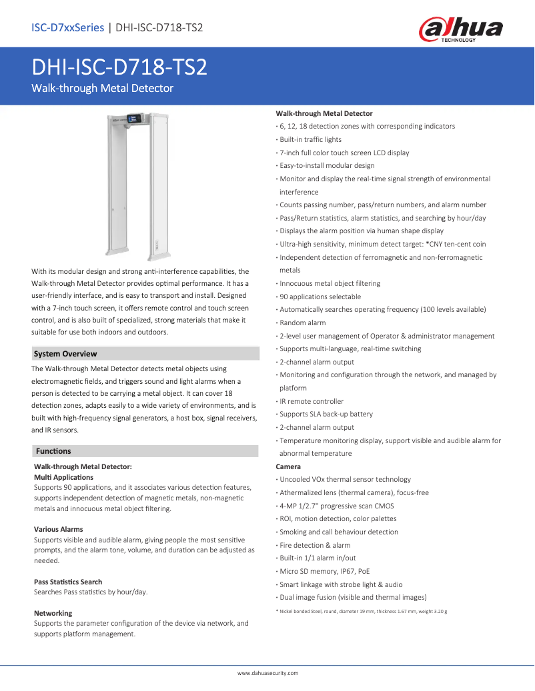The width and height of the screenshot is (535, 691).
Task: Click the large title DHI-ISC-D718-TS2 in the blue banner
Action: pos(119,68)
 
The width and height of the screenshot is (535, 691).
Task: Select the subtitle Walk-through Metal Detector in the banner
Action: pos(103,89)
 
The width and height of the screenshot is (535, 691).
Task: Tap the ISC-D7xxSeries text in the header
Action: pos(67,27)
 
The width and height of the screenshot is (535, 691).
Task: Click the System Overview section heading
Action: pos(65,354)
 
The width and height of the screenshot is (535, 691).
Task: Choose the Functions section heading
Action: pos(53,451)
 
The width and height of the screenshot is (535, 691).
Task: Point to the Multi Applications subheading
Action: pos(63,477)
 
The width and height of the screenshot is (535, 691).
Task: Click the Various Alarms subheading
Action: pos(59,529)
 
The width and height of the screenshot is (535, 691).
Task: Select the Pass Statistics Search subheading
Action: pos(68,582)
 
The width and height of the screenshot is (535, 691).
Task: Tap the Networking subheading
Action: pos(53,613)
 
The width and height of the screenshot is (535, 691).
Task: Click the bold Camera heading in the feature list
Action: pos(288,466)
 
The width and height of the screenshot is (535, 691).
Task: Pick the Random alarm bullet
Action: pos(303,323)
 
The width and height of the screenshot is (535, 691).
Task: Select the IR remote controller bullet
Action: pos(312,401)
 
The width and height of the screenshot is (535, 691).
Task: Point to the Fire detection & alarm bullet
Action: pos(315,545)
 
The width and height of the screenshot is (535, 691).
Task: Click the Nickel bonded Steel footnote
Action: pos(362,611)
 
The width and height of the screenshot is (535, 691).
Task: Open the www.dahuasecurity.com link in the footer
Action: pos(267,673)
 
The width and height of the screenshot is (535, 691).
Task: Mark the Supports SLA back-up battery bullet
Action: pos(326,414)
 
